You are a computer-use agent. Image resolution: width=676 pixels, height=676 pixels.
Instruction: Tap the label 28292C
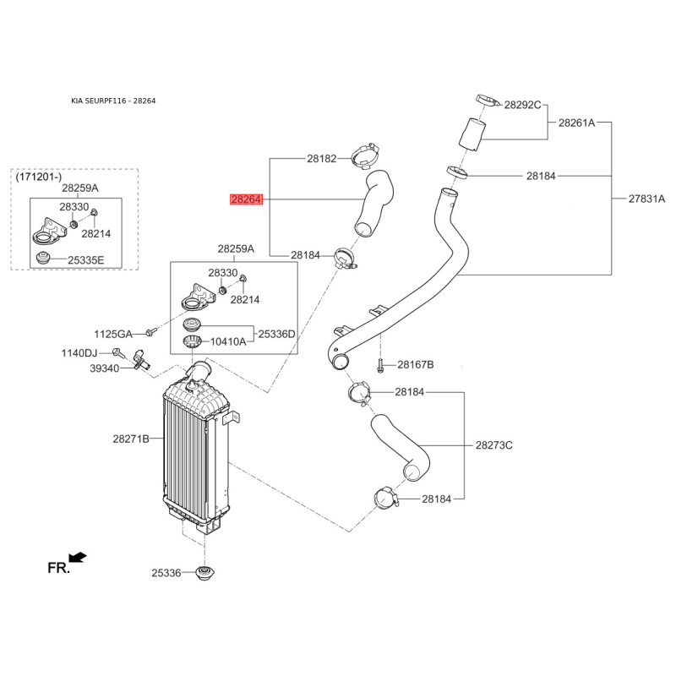click(522, 106)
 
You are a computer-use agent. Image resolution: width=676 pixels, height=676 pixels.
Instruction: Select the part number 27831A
click(646, 199)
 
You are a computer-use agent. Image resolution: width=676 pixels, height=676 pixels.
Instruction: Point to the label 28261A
click(576, 123)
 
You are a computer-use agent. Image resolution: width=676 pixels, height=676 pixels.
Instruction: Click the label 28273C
click(494, 444)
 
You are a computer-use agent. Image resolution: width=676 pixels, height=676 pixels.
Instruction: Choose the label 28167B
click(415, 364)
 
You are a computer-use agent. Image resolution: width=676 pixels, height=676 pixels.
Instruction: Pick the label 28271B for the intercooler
click(131, 439)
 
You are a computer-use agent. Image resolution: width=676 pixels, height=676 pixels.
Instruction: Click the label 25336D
click(277, 334)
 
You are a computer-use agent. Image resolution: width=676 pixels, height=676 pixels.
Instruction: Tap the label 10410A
click(228, 342)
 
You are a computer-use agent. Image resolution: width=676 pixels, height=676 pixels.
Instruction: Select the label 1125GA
click(113, 334)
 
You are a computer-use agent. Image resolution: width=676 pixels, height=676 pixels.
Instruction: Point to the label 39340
click(106, 368)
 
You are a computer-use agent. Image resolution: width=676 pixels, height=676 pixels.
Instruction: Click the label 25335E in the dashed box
click(86, 259)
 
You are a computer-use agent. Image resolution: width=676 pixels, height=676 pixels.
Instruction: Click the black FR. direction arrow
click(79, 556)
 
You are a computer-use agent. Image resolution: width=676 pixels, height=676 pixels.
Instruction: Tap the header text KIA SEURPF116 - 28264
click(113, 101)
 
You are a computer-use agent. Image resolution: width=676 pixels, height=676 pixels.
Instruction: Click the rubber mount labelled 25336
click(203, 574)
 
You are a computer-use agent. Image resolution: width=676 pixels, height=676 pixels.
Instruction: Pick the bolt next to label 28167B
click(381, 365)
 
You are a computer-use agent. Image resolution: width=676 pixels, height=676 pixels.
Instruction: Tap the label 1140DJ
click(79, 352)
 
